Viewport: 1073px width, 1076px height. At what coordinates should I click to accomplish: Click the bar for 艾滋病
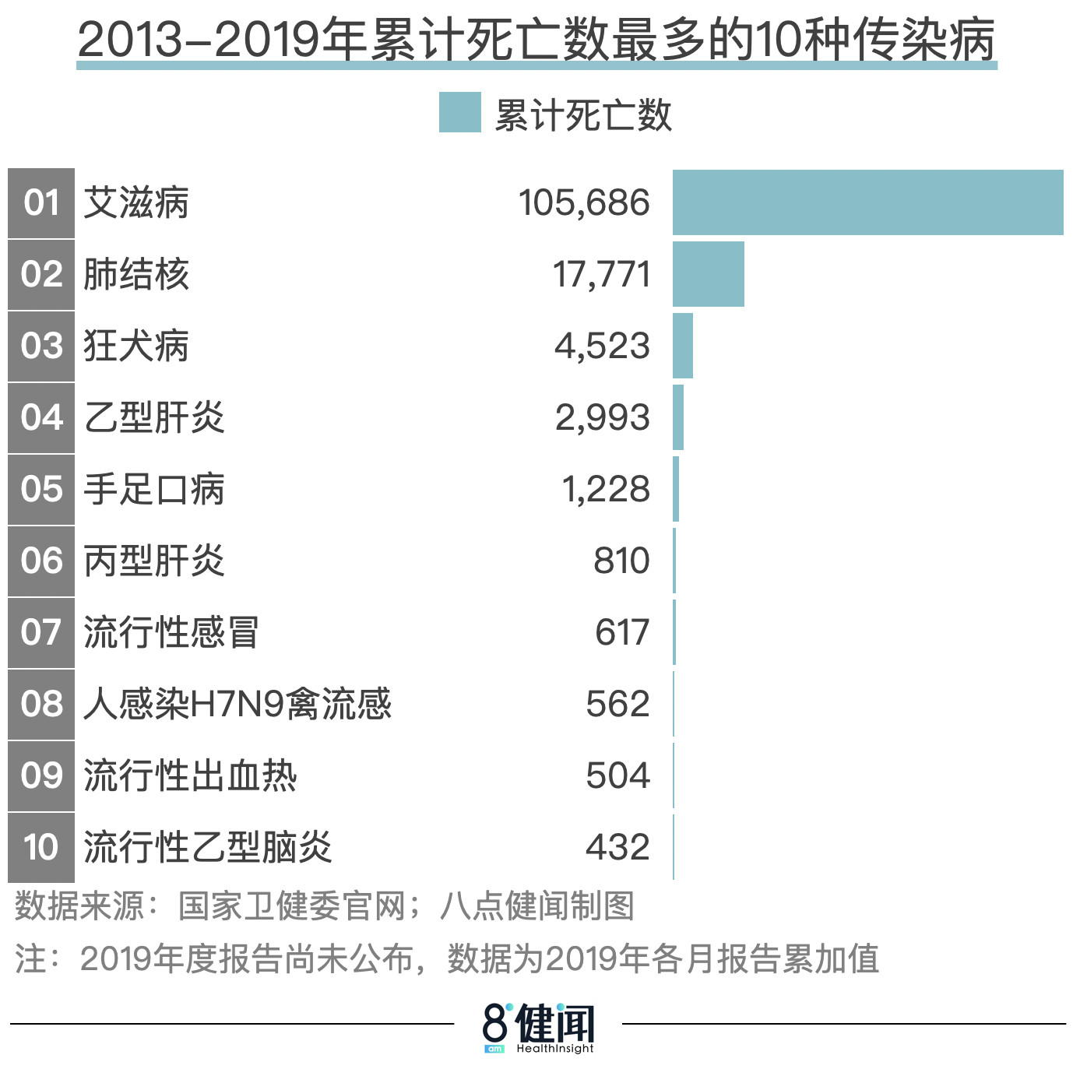pos(867,202)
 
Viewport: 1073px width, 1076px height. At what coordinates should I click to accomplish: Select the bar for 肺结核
pos(708,274)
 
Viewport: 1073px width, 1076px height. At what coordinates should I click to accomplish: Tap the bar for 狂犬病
pos(683,346)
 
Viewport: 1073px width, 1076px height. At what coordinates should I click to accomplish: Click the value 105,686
pos(584,203)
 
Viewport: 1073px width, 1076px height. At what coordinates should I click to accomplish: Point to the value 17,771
pos(601,275)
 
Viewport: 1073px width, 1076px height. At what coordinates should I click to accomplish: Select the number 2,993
pos(602,418)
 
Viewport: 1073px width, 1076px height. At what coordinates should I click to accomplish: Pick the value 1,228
pos(605,490)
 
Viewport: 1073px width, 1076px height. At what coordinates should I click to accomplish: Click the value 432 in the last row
pos(617,847)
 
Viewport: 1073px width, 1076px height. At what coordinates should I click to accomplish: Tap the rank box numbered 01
pos(41,203)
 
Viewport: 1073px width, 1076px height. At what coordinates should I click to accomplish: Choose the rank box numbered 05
pos(41,490)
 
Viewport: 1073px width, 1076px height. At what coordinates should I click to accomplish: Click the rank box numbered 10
pos(41,847)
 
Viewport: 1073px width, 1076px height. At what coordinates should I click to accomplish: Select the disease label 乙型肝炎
pos(154,418)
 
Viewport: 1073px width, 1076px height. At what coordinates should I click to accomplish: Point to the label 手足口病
pos(154,490)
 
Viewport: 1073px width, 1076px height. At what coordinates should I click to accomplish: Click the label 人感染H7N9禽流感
pos(237,705)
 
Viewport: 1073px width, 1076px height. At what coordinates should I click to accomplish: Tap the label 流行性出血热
pos(190,776)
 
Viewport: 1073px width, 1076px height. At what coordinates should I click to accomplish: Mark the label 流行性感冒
pos(171,632)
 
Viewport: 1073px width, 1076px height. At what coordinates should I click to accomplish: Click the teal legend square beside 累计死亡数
pos(459,113)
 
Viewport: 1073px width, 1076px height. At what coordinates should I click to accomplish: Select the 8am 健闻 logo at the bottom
pos(537,1027)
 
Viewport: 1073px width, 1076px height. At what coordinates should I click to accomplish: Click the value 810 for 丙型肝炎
pos(621,561)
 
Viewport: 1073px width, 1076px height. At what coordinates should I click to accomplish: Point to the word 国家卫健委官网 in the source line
pos(292,907)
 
